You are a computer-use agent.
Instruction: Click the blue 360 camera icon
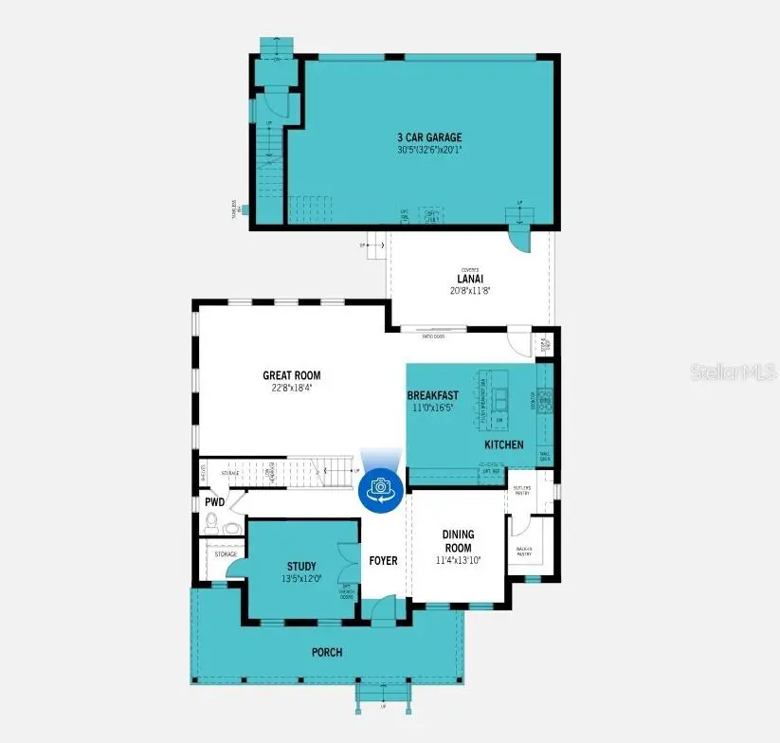pos(381,487)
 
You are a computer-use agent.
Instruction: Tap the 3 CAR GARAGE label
pos(429,137)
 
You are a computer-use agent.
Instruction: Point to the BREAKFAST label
pos(433,395)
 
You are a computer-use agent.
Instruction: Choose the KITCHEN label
pos(503,444)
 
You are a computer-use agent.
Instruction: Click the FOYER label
pos(383,560)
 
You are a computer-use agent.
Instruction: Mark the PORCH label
pos(327,652)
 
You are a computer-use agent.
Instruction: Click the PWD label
pos(213,502)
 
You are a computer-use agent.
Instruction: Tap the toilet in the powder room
pos(211,522)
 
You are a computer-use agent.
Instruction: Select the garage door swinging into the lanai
pos(519,236)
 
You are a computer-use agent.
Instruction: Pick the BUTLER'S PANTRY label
pos(521,490)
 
